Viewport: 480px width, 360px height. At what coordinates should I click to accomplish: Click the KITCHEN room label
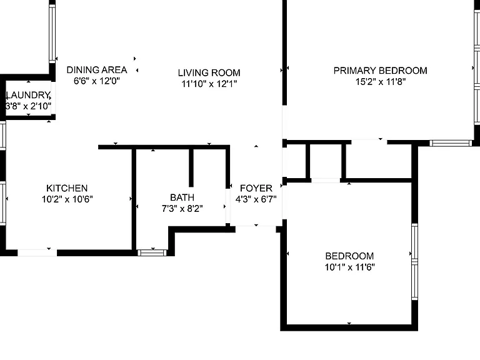[x=67, y=188]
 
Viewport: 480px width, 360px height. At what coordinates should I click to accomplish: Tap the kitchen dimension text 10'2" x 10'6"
[x=67, y=199]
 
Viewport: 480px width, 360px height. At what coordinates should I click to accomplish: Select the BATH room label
[x=182, y=197]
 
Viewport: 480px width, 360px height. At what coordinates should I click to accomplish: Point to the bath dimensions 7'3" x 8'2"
[x=182, y=209]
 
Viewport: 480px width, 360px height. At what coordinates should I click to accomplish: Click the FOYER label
[x=256, y=188]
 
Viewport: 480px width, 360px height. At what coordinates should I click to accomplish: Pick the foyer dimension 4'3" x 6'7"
[x=256, y=199]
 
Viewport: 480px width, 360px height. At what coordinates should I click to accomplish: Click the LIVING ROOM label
[x=209, y=73]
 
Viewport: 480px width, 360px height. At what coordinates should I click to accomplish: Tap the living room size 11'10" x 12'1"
[x=209, y=84]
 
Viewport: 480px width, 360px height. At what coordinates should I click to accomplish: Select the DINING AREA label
[x=97, y=70]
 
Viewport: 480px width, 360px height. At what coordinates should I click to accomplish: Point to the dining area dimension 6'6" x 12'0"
[x=97, y=81]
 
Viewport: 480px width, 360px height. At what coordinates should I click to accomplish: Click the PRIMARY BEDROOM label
[x=380, y=71]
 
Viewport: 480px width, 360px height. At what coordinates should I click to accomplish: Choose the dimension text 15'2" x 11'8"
[x=381, y=82]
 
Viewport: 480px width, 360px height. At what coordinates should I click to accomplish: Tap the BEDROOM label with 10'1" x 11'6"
[x=349, y=256]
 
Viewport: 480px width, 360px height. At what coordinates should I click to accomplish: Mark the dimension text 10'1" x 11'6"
[x=349, y=267]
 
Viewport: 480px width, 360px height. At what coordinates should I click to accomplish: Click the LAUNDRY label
[x=28, y=95]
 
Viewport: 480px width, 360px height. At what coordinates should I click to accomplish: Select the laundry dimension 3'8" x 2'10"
[x=29, y=106]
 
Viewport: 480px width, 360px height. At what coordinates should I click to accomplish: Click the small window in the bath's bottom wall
[x=152, y=252]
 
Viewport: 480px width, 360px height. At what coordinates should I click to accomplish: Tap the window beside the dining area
[x=52, y=33]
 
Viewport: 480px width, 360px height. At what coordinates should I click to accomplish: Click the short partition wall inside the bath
[x=191, y=167]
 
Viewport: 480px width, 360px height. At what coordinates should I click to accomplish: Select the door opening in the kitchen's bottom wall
[x=37, y=253]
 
